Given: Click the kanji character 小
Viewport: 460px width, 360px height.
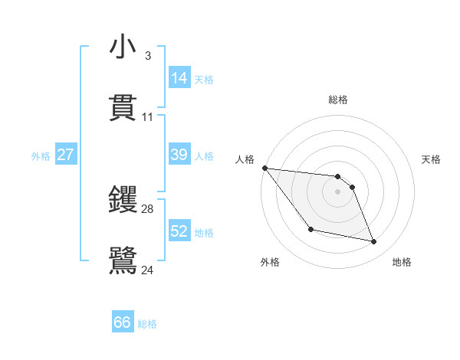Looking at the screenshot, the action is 123,48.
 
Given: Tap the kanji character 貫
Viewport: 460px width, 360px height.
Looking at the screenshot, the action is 123,108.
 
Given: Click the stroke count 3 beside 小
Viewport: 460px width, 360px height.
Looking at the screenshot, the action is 147,56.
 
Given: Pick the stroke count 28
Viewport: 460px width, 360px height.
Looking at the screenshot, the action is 148,208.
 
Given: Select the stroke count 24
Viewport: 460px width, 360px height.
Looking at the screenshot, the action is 148,270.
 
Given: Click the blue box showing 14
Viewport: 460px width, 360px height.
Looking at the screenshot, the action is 179,78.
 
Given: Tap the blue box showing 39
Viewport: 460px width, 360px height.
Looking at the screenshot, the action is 179,155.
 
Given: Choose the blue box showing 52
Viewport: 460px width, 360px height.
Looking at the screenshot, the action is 179,231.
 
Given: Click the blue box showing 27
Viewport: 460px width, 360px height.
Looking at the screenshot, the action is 65,155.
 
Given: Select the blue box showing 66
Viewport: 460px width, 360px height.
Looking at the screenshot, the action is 123,322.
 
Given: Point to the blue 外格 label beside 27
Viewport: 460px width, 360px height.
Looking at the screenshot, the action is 41,156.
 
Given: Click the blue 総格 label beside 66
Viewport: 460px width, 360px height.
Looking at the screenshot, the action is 147,324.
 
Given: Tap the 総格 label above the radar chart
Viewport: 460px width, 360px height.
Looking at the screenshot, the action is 337,100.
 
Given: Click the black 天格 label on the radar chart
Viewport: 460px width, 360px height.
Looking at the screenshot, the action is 431,159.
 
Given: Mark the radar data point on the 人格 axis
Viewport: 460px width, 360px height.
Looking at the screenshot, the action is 264,168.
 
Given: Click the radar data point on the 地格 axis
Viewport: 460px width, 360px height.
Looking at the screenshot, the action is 374,242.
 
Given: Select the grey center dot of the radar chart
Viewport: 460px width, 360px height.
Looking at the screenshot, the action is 337,191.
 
